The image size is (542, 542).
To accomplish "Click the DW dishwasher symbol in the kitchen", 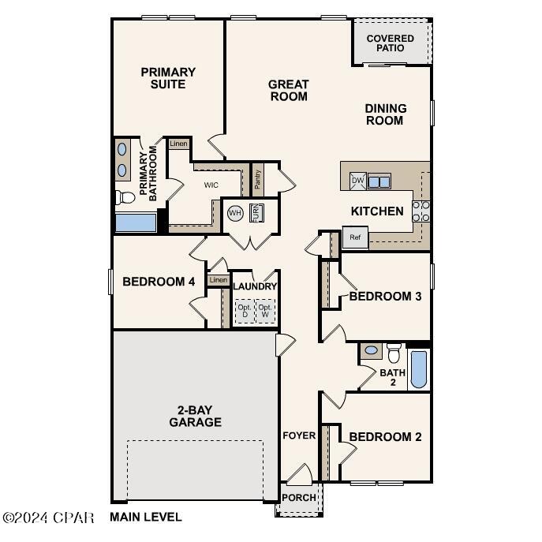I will [357, 181].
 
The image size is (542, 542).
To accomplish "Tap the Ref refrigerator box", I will [355, 237].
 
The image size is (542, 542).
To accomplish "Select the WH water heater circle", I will [235, 213].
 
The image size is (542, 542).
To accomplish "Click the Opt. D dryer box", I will [245, 310].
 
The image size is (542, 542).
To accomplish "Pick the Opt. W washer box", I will [265, 310].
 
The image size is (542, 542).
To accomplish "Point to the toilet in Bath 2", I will [394, 353].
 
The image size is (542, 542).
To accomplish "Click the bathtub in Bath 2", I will [419, 369].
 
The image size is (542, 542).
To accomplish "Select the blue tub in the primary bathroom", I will [135, 222].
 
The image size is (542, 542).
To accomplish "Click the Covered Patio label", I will [390, 43].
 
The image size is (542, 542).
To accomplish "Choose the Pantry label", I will [258, 179].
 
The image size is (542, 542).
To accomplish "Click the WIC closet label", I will [211, 185].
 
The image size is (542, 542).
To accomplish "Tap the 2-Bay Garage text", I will [195, 416].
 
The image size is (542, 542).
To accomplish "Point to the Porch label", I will [299, 498].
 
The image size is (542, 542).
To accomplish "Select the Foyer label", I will [299, 435].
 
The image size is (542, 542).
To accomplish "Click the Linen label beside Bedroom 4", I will [219, 280].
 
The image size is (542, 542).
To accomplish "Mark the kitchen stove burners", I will [421, 210].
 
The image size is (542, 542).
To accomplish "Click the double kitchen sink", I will [379, 181].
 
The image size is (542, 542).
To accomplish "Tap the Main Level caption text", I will [146, 518].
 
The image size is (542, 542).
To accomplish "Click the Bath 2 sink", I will [371, 349].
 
